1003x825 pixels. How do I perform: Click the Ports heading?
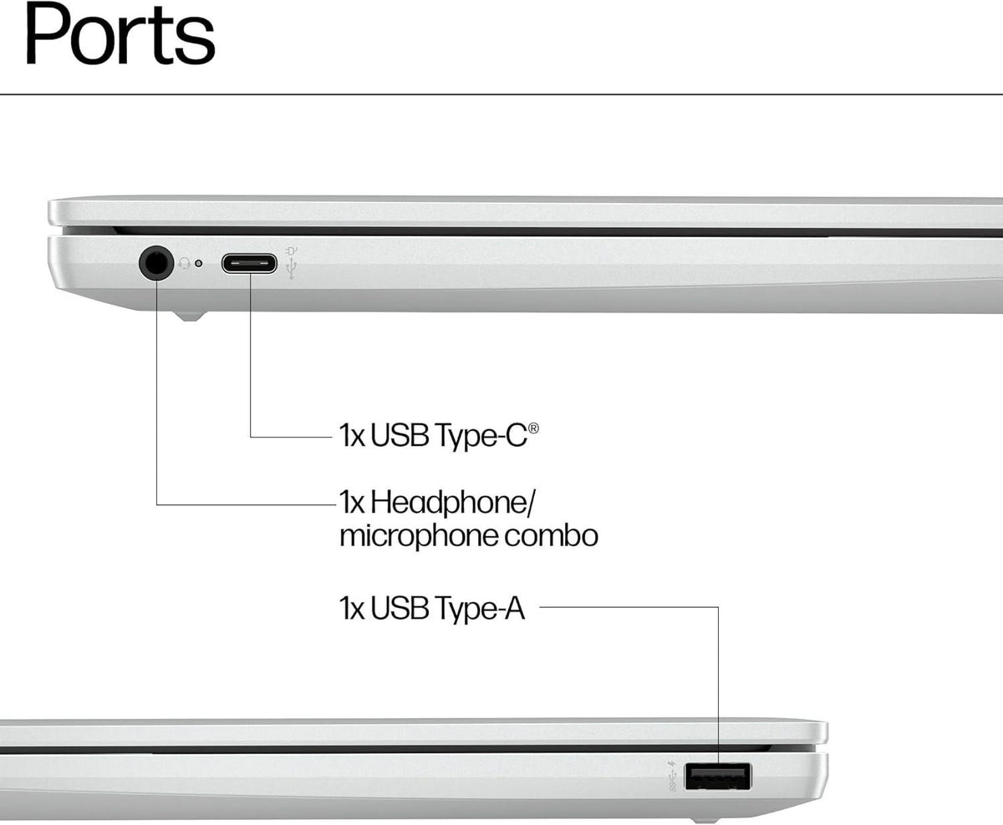[120, 34]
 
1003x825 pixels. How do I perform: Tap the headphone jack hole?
[156, 262]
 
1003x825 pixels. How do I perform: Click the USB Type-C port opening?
[249, 263]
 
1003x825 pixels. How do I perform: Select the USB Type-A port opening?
[718, 776]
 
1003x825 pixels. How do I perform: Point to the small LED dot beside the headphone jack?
[198, 263]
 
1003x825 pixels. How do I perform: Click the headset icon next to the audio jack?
[185, 263]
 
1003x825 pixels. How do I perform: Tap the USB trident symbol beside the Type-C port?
[292, 268]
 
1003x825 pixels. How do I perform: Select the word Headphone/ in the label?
[453, 503]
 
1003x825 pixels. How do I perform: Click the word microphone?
[418, 537]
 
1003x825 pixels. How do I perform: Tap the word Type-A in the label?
[480, 609]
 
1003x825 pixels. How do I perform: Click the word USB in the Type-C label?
[400, 435]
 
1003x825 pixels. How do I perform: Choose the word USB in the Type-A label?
[400, 608]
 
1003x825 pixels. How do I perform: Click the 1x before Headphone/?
[352, 503]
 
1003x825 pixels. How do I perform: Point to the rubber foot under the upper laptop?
[189, 316]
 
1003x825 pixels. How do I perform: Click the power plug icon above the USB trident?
[292, 250]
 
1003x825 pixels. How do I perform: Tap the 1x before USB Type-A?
[352, 608]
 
